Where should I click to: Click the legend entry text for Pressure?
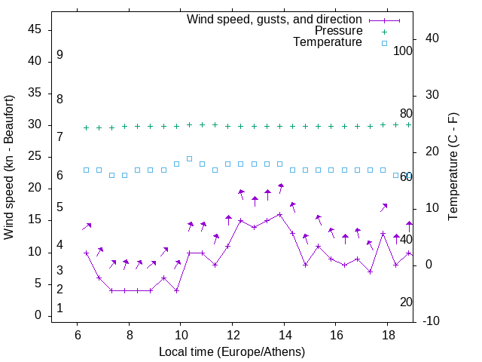[x=339, y=31]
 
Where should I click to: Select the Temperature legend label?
[x=328, y=42]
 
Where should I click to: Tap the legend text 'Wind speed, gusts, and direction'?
[x=275, y=19]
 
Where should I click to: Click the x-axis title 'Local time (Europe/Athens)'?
[x=232, y=351]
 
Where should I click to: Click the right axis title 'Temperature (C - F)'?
[x=453, y=167]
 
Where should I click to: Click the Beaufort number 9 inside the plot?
[x=59, y=55]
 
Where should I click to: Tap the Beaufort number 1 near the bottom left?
[x=59, y=308]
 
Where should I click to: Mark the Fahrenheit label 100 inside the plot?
[x=403, y=51]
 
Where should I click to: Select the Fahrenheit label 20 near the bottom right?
[x=406, y=302]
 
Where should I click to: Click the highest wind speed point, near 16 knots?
[x=279, y=214]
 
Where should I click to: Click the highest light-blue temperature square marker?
[x=189, y=158]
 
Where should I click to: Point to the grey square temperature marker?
[x=111, y=175]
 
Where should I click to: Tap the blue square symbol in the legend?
[x=383, y=43]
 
